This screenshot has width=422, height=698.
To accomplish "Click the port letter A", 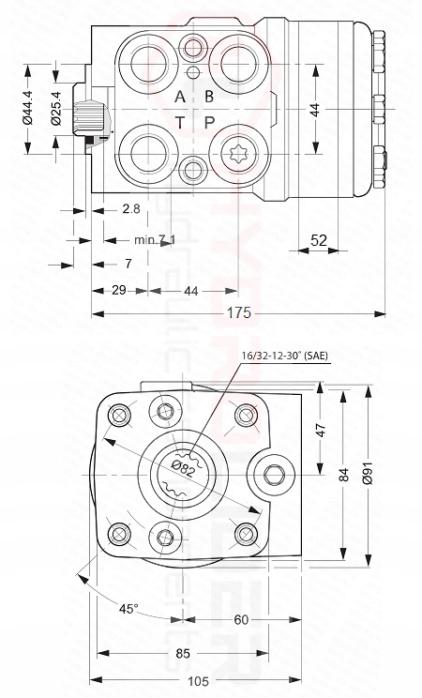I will [180, 97].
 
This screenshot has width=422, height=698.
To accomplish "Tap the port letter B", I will [209, 97].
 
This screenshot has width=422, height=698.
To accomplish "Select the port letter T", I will [180, 122].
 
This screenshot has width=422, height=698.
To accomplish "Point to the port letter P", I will [209, 122].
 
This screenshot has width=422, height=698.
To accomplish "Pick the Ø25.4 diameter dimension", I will [55, 108].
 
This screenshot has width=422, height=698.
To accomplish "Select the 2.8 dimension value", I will [131, 207].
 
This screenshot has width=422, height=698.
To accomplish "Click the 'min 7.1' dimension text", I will [154, 240].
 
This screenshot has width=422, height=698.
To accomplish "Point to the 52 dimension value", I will [319, 240].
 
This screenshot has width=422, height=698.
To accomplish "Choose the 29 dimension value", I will [119, 291].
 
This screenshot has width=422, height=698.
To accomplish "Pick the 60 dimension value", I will [242, 620].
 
